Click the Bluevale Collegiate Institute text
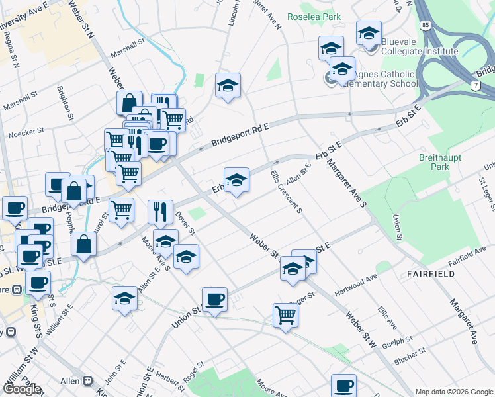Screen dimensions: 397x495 [x=419, y=51]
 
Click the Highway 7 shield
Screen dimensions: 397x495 [x=476, y=86]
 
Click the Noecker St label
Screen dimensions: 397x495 [x=26, y=134]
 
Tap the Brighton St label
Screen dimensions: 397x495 [x=67, y=105]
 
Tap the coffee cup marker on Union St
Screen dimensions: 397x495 [x=214, y=300]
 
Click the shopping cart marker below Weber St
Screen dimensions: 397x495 [x=285, y=315]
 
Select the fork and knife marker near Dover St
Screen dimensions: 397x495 [x=160, y=212]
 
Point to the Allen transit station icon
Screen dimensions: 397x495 [x=87, y=382]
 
